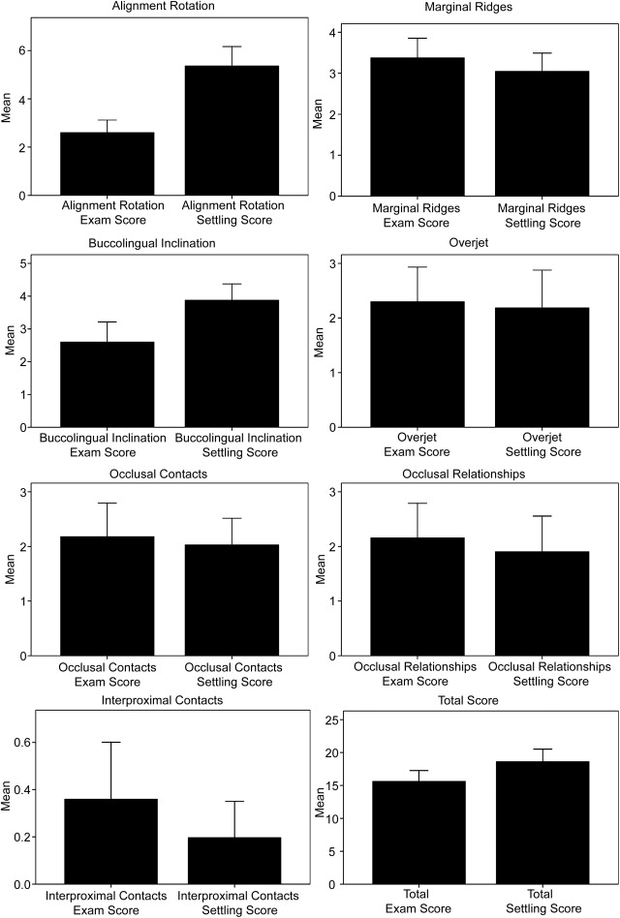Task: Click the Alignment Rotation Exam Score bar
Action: click(x=107, y=164)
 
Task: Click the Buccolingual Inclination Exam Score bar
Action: click(x=107, y=384)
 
